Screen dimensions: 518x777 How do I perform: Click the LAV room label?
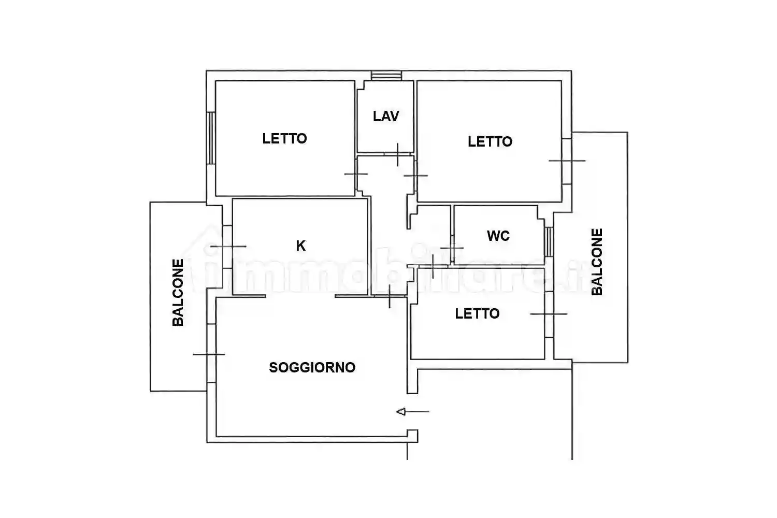click(386, 116)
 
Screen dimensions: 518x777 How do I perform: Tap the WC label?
click(498, 236)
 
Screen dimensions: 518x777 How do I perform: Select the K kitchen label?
click(300, 246)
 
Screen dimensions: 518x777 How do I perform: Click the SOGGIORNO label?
click(312, 368)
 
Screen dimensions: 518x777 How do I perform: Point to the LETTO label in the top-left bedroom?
click(284, 139)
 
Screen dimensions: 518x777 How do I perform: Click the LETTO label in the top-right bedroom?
click(490, 142)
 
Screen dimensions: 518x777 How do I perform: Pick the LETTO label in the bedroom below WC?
click(477, 314)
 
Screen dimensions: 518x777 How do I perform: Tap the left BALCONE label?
click(178, 293)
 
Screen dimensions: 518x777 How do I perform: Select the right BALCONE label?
click(597, 262)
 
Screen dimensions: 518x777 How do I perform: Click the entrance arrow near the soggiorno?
click(412, 412)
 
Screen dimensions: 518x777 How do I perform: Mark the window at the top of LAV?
click(386, 76)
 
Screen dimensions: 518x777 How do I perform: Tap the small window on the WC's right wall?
click(549, 241)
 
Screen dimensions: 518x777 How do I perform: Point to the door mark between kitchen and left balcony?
click(227, 247)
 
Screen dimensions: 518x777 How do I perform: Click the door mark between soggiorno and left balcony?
click(209, 354)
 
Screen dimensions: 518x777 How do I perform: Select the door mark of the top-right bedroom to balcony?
click(567, 161)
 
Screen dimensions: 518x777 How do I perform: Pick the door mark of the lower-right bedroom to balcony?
click(549, 314)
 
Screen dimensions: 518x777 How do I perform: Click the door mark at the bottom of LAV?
click(397, 154)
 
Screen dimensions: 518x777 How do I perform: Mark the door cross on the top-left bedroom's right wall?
click(356, 174)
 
